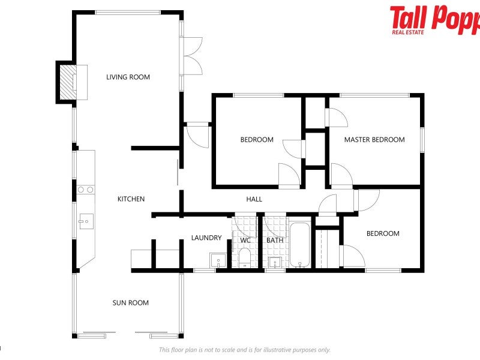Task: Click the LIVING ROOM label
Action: click(128, 77)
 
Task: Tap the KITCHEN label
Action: click(131, 199)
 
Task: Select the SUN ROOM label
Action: click(130, 303)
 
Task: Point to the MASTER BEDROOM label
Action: click(374, 140)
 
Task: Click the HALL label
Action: click(254, 199)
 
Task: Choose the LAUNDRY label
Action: click(206, 238)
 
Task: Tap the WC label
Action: click(245, 241)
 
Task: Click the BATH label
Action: click(275, 241)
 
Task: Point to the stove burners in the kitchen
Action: click(85, 190)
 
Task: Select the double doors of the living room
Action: click(193, 56)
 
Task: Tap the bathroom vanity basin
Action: click(275, 262)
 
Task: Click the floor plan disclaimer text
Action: click(244, 350)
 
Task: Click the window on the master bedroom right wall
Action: click(422, 140)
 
